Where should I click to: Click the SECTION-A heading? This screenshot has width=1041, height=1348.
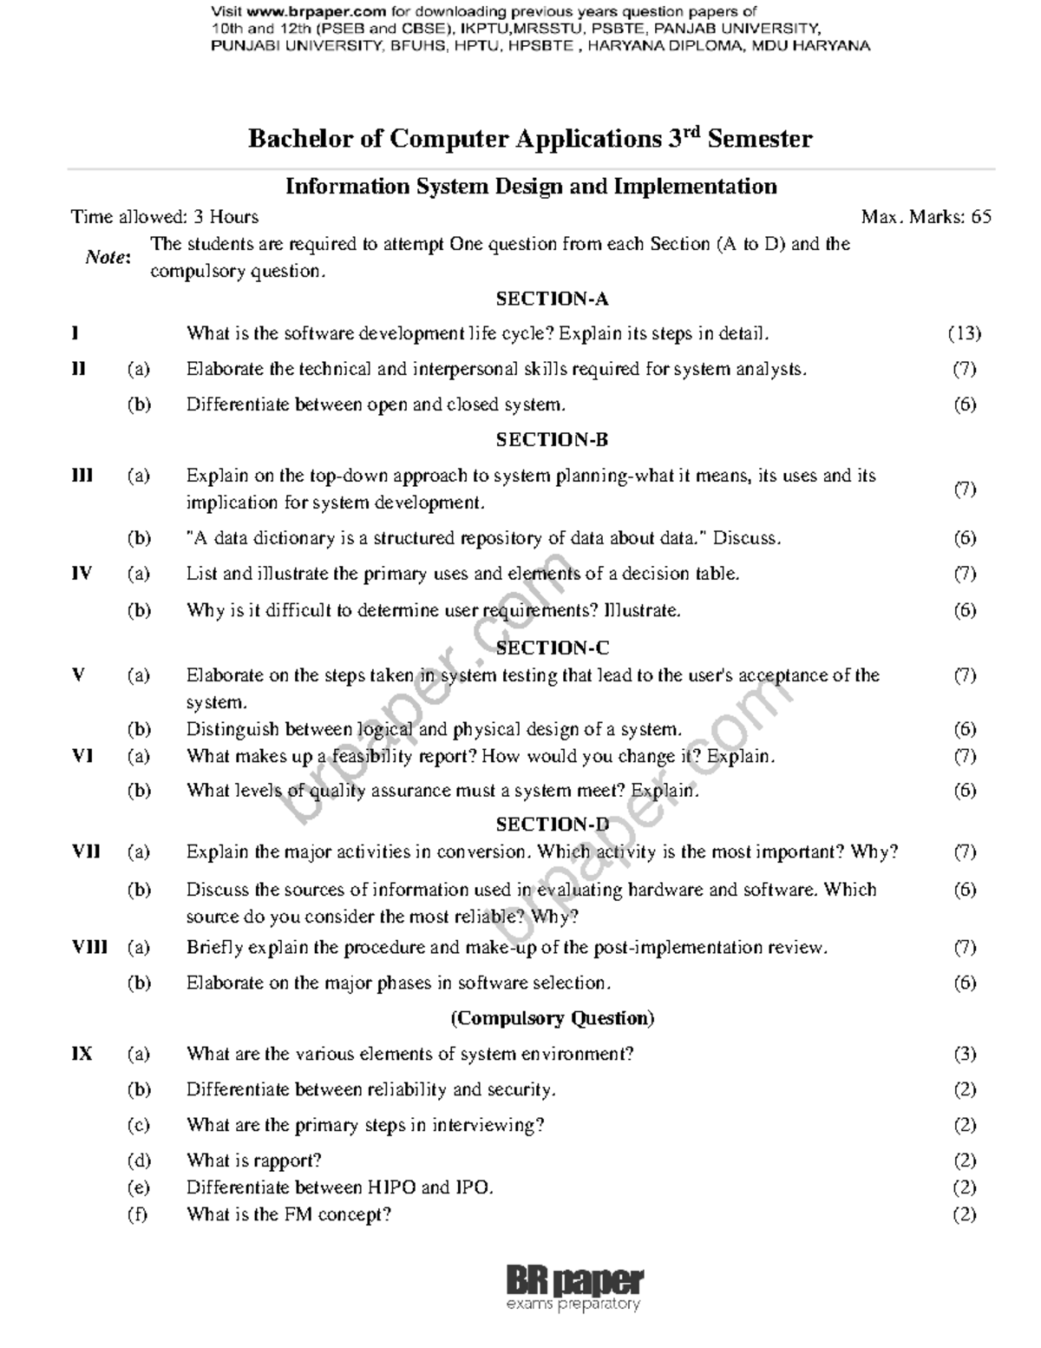pyautogui.click(x=552, y=299)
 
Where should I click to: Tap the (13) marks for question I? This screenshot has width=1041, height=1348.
pyautogui.click(x=964, y=333)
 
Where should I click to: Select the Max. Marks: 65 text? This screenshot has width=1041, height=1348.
pyautogui.click(x=926, y=217)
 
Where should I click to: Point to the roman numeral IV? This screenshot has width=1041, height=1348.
pyautogui.click(x=82, y=574)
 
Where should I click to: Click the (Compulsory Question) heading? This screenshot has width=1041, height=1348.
pyautogui.click(x=552, y=1018)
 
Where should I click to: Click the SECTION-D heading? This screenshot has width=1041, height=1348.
pyautogui.click(x=552, y=825)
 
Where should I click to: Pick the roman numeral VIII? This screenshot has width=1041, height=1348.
pyautogui.click(x=89, y=948)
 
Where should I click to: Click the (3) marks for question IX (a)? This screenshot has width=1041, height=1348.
pyautogui.click(x=965, y=1055)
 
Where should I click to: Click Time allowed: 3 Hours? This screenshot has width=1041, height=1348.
pyautogui.click(x=165, y=217)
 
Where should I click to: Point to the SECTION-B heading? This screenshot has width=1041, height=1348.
pyautogui.click(x=552, y=440)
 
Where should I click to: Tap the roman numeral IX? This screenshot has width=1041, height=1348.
pyautogui.click(x=82, y=1055)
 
